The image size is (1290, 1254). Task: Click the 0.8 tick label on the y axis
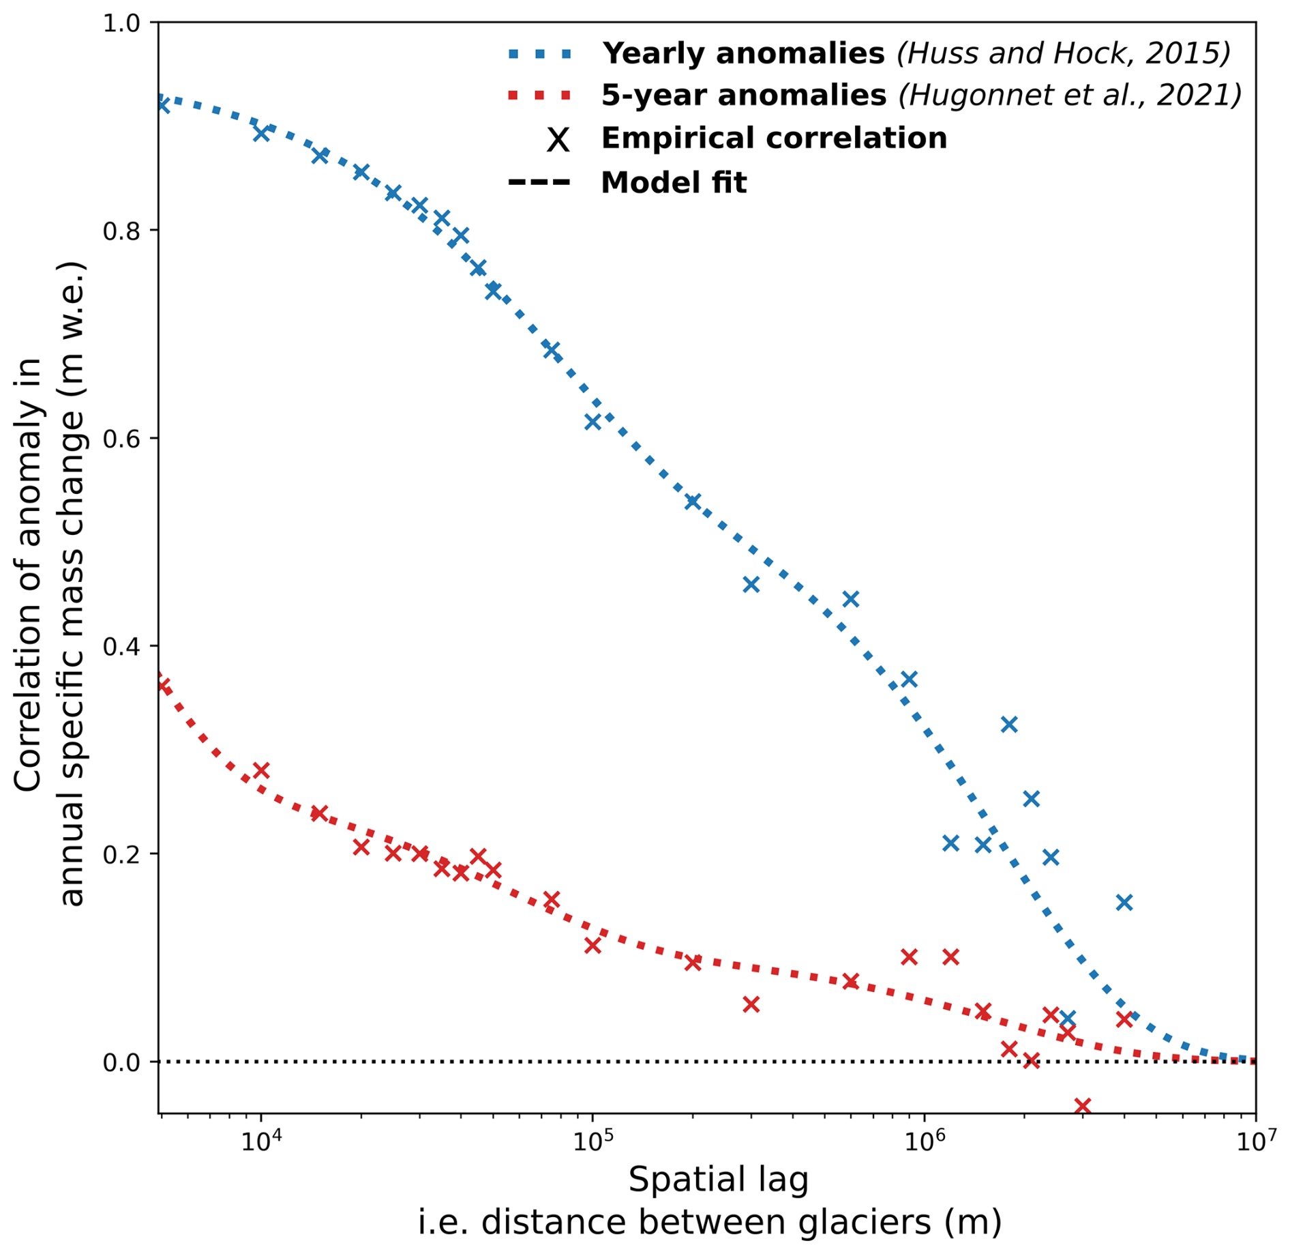click(x=121, y=231)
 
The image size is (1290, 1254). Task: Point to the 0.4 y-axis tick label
click(x=121, y=646)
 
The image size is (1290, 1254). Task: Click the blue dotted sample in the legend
click(x=539, y=54)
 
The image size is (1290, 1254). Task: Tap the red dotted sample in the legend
click(x=539, y=96)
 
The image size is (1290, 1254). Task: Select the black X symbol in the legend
click(x=558, y=140)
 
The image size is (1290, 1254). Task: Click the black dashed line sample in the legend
click(x=539, y=183)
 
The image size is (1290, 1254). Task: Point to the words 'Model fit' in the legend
click(x=674, y=183)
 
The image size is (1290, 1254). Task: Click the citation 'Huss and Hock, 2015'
click(x=1064, y=54)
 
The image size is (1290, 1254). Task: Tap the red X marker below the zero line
click(x=1082, y=1105)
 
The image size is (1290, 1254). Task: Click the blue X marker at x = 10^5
click(x=592, y=422)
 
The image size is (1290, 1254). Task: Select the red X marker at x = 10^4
click(x=260, y=771)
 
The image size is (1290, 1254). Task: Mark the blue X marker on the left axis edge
click(x=162, y=104)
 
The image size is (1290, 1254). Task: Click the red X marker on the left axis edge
click(x=162, y=684)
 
